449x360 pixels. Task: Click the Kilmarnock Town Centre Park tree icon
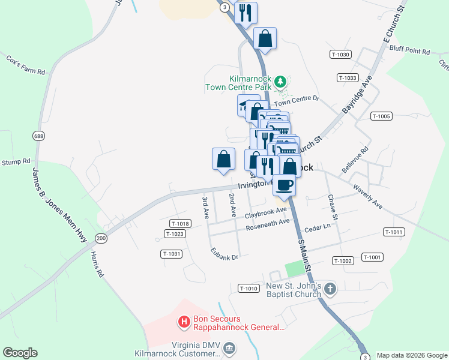(279, 81)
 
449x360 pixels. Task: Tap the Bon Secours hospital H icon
(185, 322)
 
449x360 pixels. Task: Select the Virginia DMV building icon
(229, 348)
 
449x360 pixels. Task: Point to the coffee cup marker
(285, 184)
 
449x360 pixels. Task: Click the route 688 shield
(39, 136)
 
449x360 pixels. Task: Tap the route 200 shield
(100, 238)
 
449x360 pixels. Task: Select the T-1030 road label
(340, 55)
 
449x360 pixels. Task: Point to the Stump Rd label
(16, 162)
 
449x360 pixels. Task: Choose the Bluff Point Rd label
(409, 52)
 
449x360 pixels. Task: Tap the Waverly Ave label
(368, 197)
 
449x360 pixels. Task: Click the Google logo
(20, 353)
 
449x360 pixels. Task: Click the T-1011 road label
(394, 232)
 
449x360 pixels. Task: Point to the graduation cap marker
(246, 106)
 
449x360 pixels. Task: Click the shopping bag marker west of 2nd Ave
(223, 160)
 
